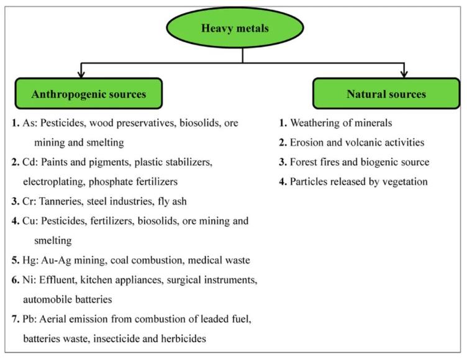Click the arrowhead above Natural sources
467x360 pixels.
[404, 73]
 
